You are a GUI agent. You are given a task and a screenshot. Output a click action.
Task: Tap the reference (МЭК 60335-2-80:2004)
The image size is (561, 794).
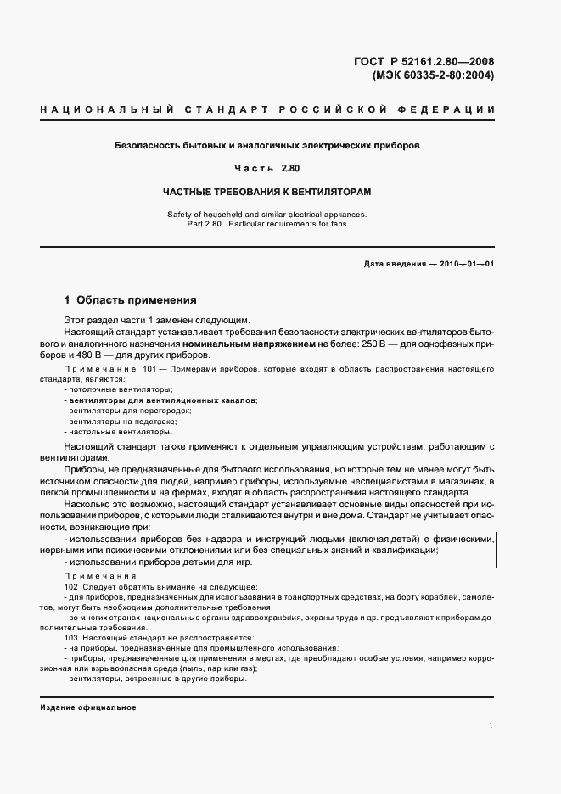(433, 75)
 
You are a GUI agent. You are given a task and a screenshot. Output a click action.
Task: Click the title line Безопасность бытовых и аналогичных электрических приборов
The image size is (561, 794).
(266, 145)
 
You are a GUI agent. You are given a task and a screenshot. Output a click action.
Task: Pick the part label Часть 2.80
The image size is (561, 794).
(267, 168)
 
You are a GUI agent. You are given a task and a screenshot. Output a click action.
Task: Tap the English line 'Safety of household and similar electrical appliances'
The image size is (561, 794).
(266, 215)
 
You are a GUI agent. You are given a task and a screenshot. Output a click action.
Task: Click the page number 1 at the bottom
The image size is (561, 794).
(491, 726)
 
